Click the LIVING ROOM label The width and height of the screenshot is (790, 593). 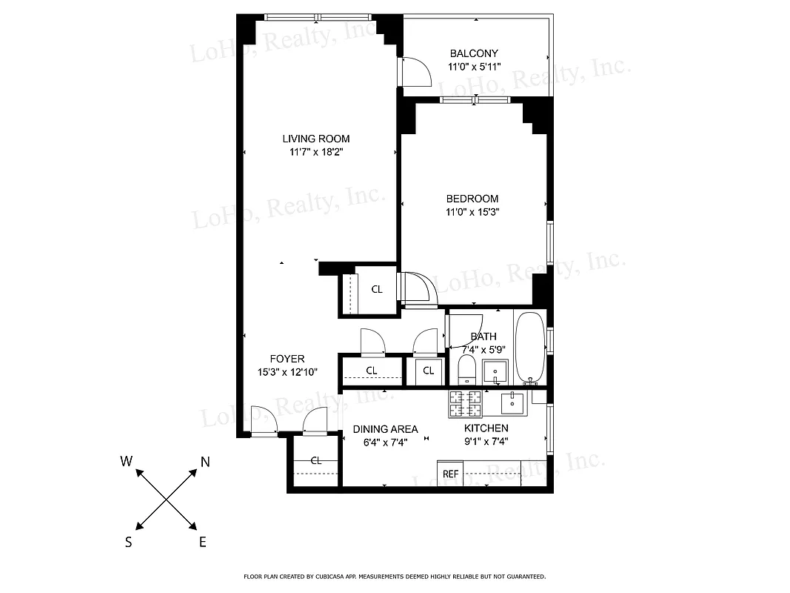315,139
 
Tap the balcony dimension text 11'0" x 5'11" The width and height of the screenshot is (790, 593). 475,67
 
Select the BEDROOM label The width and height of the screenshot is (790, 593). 472,199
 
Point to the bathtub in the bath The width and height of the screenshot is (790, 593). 530,347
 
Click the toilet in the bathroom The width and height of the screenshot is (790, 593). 467,370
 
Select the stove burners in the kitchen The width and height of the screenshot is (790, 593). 465,403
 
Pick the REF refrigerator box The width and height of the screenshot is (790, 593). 450,474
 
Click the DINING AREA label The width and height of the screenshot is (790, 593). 385,429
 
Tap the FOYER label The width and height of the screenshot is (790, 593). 287,360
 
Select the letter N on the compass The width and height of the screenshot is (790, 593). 205,463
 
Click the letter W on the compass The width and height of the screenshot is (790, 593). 127,462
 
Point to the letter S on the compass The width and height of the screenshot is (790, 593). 128,542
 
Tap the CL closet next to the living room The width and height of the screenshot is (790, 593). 377,290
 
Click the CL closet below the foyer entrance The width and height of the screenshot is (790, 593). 316,460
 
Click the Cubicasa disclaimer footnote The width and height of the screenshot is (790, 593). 395,576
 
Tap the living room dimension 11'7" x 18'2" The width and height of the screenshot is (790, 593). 316,152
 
